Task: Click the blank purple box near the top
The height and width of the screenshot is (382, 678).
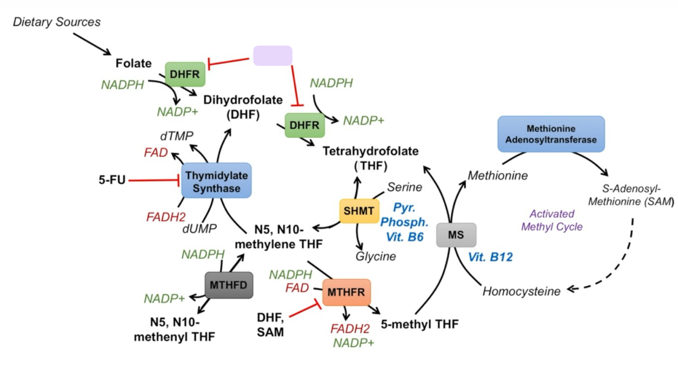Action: click(x=273, y=56)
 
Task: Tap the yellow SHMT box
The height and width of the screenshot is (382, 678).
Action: click(x=359, y=211)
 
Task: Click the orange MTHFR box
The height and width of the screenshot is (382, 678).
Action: click(x=346, y=292)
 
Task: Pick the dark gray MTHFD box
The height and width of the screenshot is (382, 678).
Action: click(x=228, y=285)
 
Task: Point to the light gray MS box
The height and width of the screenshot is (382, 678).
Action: click(x=456, y=235)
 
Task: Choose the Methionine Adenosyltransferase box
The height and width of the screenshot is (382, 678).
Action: click(x=551, y=134)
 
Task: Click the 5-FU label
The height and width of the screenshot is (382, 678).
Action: click(x=112, y=180)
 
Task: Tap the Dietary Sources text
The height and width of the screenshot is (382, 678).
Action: click(x=57, y=22)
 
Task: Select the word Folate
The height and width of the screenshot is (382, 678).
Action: click(x=133, y=63)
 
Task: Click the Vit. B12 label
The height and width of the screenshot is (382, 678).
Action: click(x=490, y=257)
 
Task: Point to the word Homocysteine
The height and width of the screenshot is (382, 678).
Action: click(x=521, y=291)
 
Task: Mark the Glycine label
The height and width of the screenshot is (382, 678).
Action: click(x=376, y=256)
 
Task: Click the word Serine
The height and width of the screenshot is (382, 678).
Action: click(x=404, y=187)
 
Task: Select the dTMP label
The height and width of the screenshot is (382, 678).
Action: click(x=176, y=136)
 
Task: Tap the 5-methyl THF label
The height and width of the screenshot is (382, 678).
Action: click(x=419, y=324)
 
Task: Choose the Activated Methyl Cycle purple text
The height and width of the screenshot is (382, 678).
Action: click(x=552, y=220)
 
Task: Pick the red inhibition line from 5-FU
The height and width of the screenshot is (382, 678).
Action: click(x=153, y=180)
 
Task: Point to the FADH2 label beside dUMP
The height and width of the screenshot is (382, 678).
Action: click(x=166, y=217)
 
